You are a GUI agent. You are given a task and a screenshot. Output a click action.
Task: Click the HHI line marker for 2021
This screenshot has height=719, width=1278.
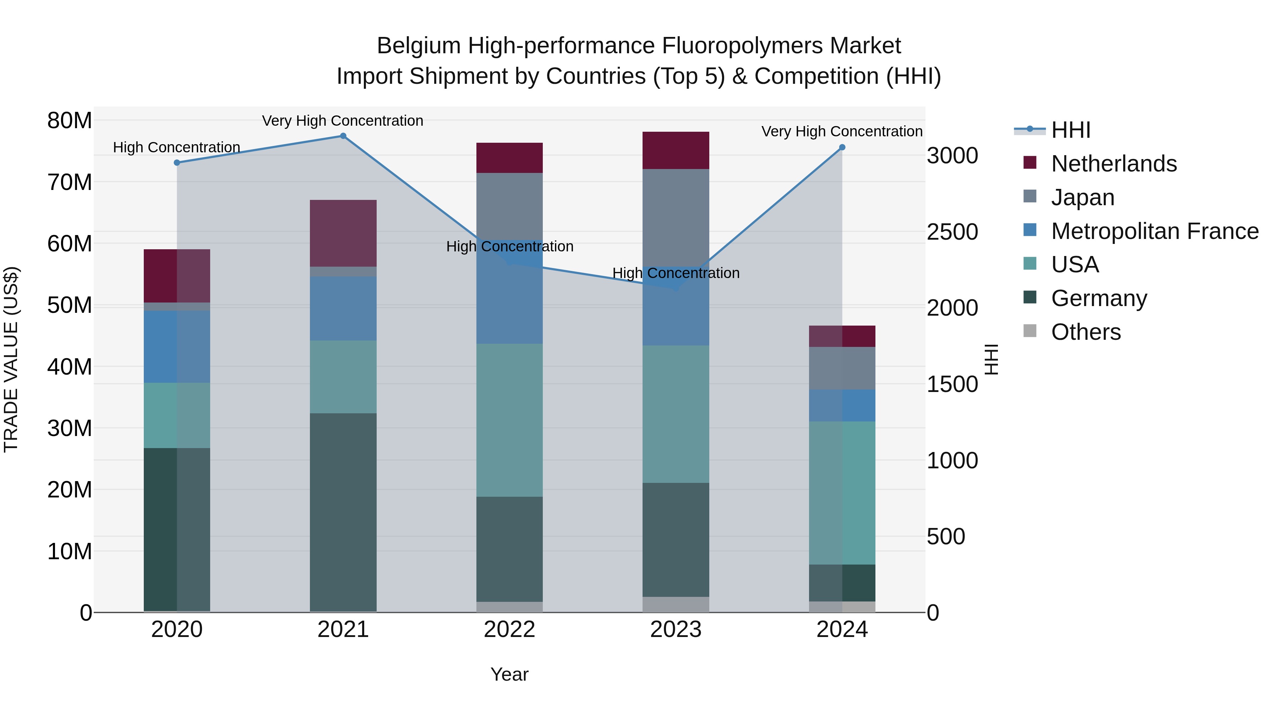tap(343, 136)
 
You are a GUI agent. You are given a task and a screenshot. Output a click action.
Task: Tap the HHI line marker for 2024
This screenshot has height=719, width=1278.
tap(842, 147)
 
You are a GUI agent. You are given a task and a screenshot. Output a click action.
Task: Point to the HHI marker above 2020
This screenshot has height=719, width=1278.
tap(177, 163)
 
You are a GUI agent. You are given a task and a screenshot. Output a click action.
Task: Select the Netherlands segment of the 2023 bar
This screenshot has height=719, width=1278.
tap(676, 150)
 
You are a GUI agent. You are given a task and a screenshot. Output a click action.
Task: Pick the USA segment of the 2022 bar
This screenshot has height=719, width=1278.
tap(509, 420)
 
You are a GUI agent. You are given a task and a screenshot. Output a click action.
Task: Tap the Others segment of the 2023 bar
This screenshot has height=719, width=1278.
tap(676, 604)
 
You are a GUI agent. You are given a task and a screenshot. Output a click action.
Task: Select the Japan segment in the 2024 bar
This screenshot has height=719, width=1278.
tap(842, 368)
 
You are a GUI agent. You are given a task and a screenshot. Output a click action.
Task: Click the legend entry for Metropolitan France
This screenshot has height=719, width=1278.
tap(1154, 231)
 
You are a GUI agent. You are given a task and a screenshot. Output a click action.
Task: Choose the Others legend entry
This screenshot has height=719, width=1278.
tap(1086, 332)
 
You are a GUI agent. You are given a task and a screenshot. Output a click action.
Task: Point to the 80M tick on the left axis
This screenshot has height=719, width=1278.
tap(70, 121)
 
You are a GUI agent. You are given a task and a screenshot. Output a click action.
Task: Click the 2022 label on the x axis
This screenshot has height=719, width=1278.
tap(509, 630)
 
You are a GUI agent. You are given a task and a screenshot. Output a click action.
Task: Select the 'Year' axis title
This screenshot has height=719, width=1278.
tap(509, 674)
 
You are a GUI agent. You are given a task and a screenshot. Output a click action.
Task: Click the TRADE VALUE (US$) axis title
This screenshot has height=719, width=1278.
tap(11, 359)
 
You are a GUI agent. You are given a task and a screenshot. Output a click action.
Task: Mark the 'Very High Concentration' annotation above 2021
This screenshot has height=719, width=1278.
tap(343, 121)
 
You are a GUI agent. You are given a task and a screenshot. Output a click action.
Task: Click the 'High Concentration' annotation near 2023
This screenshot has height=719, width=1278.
tap(676, 273)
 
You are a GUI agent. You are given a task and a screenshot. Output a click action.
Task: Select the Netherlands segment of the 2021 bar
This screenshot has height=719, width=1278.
tap(343, 233)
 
